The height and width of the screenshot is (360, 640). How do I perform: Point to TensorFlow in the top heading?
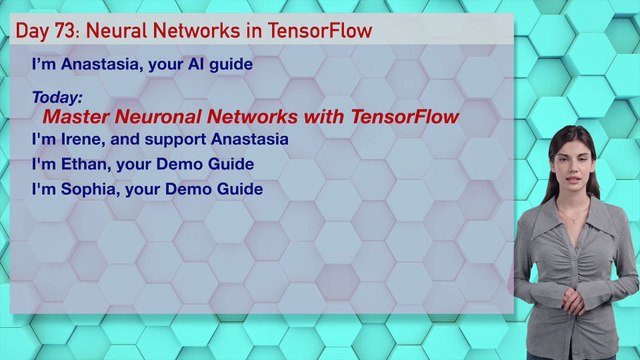click(x=320, y=31)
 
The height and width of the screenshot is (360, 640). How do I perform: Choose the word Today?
click(x=57, y=98)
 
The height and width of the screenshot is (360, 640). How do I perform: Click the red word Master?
click(x=76, y=117)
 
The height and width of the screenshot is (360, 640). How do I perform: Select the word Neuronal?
click(x=158, y=117)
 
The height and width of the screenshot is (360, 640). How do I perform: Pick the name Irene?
click(x=83, y=139)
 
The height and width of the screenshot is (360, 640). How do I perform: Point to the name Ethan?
click(x=86, y=164)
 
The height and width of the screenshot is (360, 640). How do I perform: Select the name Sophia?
click(x=90, y=189)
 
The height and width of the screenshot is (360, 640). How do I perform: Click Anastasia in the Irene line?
click(x=249, y=139)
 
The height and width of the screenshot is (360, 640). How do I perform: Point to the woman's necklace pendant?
click(x=573, y=222)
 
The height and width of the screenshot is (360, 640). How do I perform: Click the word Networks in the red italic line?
click(x=252, y=117)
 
